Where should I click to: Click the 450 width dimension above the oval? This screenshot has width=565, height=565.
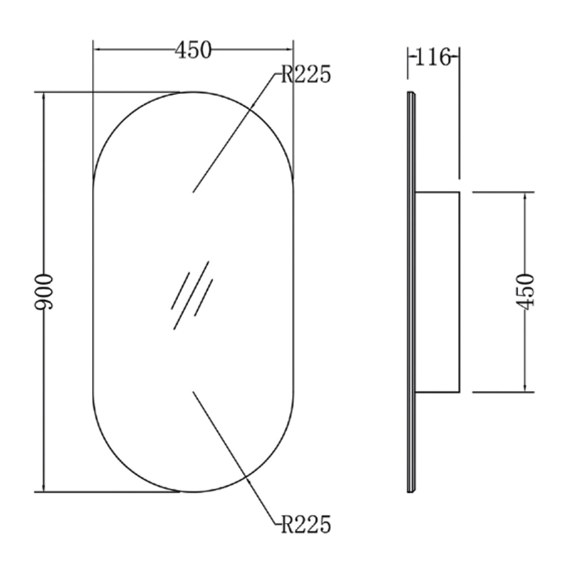(193, 50)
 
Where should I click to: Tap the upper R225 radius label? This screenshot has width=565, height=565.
(306, 75)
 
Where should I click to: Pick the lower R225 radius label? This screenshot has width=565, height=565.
(306, 524)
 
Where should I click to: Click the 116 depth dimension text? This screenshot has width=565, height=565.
(433, 57)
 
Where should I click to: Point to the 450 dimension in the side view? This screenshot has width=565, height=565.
(525, 292)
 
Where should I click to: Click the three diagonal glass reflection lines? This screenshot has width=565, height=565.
(192, 295)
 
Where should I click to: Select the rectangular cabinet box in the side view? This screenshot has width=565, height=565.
(437, 292)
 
